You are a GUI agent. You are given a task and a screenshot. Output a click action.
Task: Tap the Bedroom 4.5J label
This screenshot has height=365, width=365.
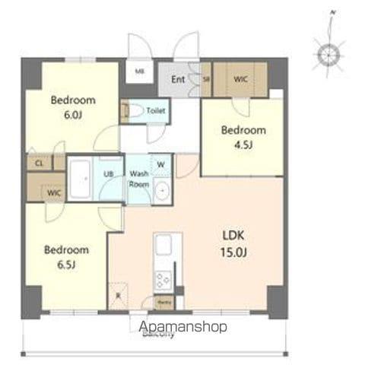pos(243,137)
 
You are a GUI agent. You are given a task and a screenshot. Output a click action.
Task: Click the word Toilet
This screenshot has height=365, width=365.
pos(156,110)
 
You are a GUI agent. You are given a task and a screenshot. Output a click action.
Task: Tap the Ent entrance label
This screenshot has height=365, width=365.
pos(178,78)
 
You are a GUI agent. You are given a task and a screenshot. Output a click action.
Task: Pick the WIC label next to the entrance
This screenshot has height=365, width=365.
pos(240,78)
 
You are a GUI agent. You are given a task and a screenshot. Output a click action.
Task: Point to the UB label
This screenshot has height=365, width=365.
pos(109,174)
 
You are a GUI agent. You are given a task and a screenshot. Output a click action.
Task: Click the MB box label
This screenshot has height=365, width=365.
pos(140,72)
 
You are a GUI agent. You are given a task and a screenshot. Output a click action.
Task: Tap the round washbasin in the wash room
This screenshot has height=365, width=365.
pos(160,192)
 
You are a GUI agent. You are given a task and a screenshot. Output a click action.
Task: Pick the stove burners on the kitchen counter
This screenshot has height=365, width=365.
pos(163,280)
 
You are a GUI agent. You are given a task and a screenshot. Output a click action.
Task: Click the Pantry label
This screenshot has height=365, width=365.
pos(163,302)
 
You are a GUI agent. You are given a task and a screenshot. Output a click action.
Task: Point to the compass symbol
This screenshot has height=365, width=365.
pos(330,55)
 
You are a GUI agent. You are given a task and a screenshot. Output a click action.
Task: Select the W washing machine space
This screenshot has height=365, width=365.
pos(160,163)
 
